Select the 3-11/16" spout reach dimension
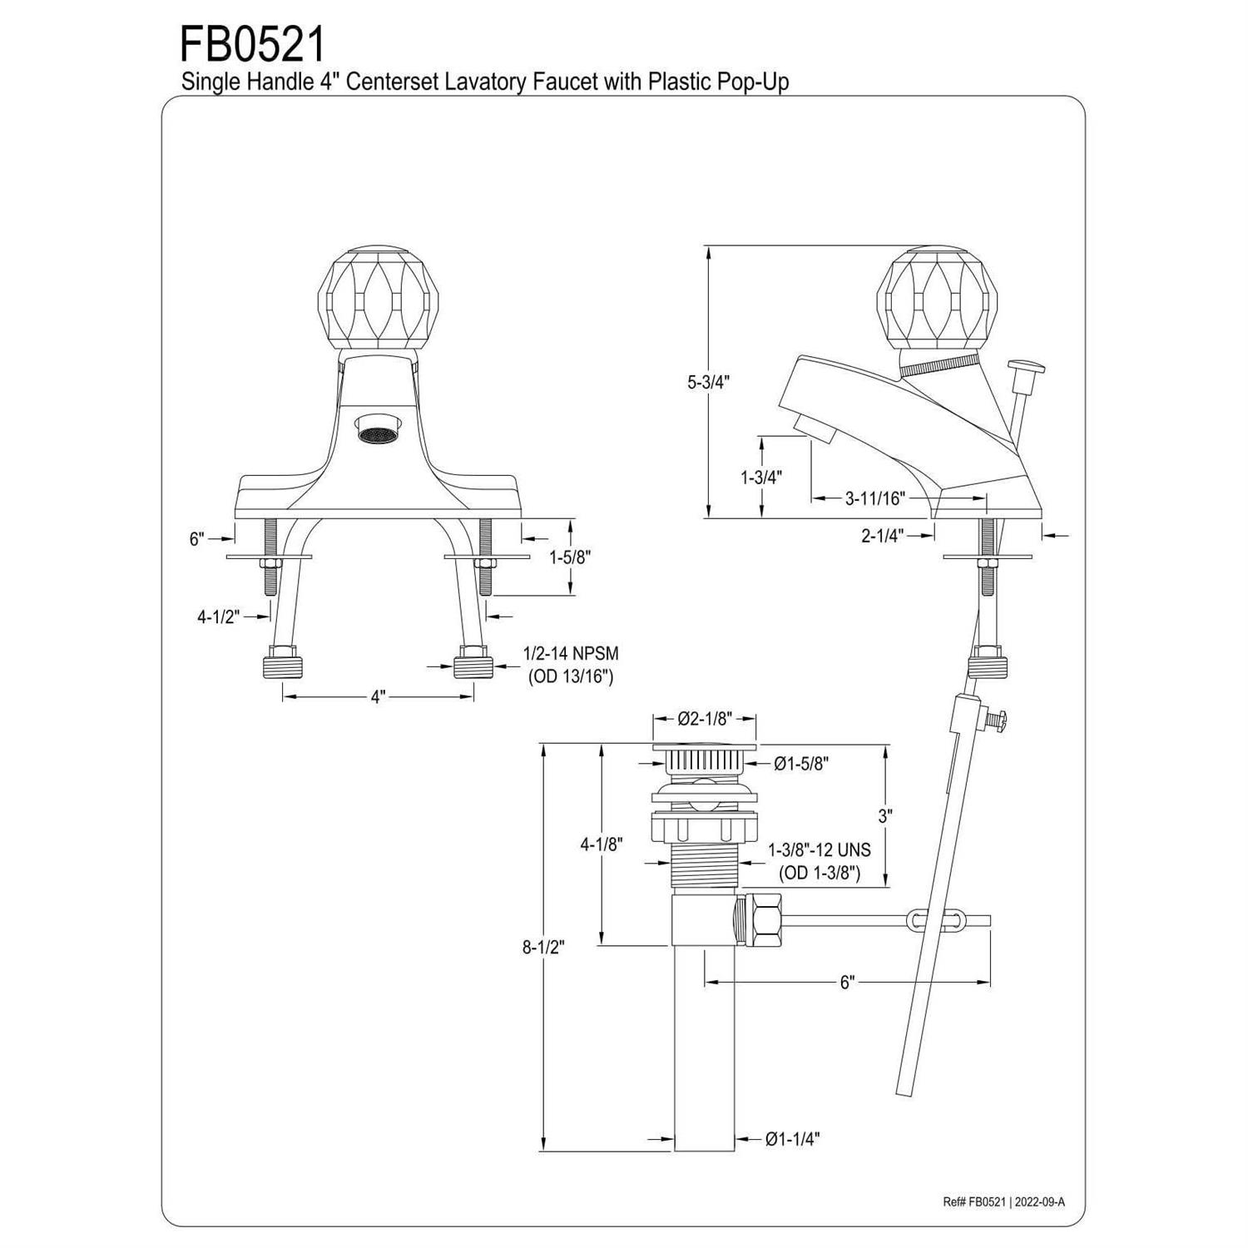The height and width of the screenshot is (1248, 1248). point(874,498)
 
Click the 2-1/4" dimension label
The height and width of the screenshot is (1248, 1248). point(883,536)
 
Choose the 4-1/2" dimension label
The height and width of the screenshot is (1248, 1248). point(218,617)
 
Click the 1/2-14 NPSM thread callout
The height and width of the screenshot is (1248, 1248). point(571,654)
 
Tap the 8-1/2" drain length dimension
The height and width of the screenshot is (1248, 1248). point(543,946)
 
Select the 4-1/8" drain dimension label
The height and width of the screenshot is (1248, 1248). point(602,844)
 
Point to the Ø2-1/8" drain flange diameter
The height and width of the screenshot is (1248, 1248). point(705,719)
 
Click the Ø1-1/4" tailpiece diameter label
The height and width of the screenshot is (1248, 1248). point(793,1139)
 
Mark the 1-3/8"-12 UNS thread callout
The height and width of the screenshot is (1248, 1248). point(820,850)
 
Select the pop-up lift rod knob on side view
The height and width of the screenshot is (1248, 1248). point(1028,366)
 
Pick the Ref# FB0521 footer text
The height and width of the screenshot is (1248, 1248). point(974,1201)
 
